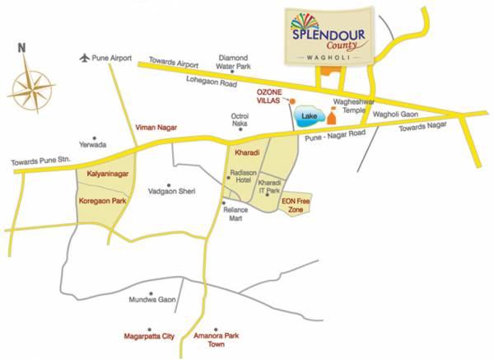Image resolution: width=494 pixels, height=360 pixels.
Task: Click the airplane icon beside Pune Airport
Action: [84, 57]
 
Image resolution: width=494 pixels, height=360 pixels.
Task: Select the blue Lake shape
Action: [309, 117]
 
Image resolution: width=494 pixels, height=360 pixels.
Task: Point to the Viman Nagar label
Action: [155, 127]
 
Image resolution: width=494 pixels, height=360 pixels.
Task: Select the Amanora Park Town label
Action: [214, 340]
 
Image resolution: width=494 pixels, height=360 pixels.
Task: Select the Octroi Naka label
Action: [240, 120]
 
